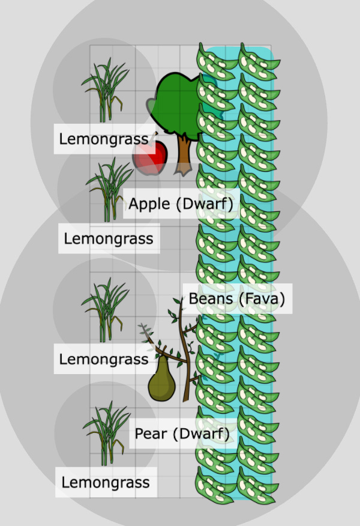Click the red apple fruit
pos(150,158)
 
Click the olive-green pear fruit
pos(162,380)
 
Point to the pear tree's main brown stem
pos(185,352)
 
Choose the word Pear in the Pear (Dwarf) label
pos(151,434)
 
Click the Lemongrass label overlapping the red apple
pos(104,139)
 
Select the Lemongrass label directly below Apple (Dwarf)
pos(109,238)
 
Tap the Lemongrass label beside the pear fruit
pos(104,359)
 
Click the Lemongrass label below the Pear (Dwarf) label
pos(106,482)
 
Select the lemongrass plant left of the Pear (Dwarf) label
pos(107,434)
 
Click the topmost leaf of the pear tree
pos(178,300)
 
